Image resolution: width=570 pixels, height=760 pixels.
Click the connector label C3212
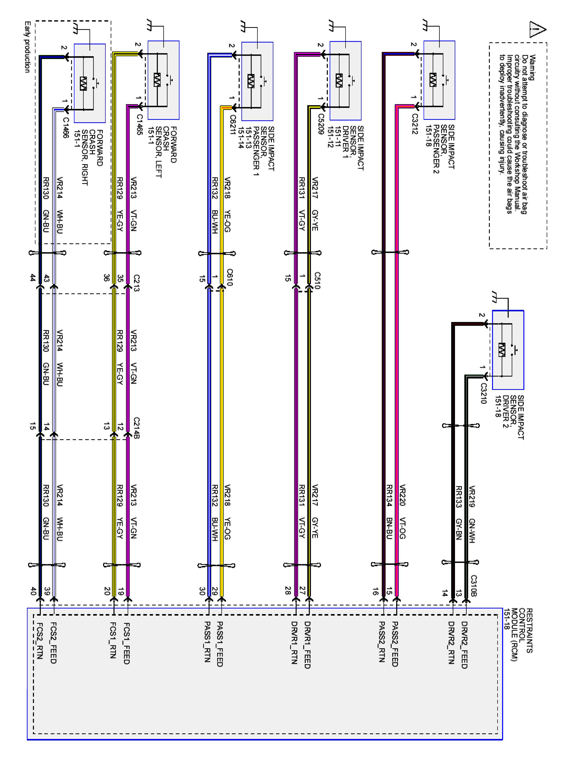pos(415,124)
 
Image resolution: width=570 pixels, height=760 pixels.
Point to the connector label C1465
pos(139,124)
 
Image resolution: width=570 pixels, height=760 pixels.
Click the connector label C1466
pos(66,128)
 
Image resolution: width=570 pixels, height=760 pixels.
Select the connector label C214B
pos(136,428)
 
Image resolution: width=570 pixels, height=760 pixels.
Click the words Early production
pos(27,47)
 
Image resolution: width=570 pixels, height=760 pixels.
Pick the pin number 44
pos(33,278)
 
